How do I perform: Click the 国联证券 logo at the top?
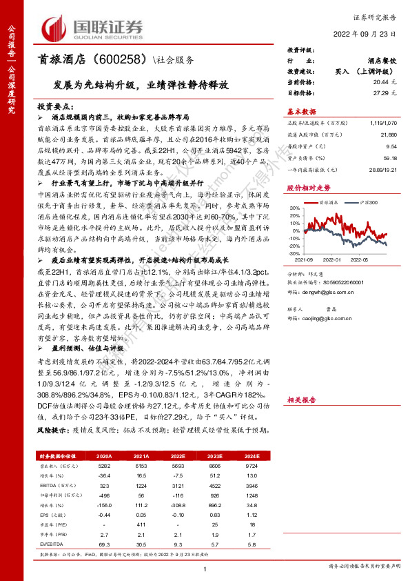92,28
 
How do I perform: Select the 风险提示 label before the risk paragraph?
51,430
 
